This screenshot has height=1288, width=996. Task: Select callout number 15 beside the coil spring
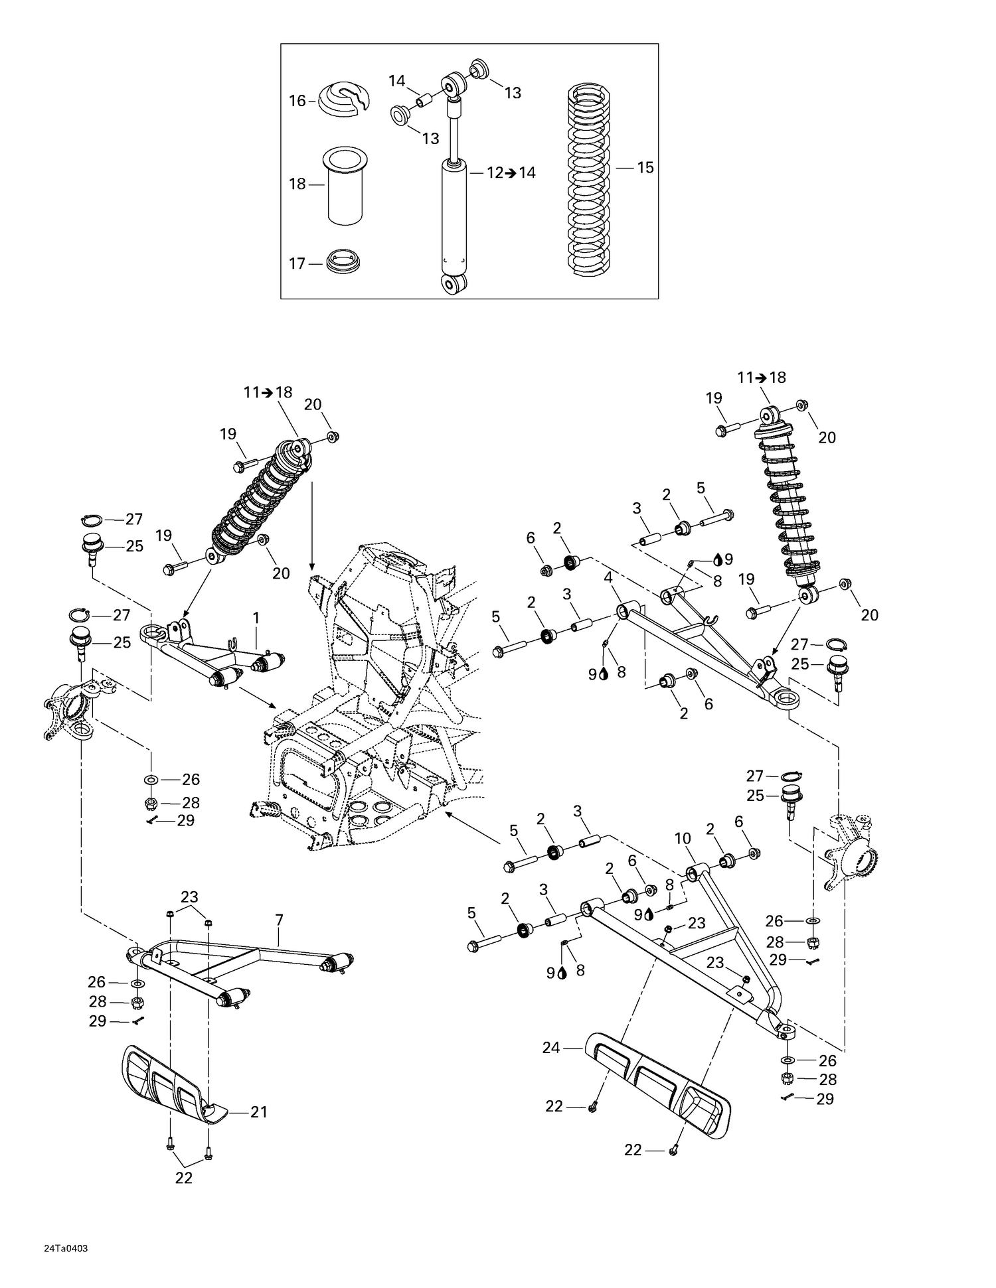click(645, 168)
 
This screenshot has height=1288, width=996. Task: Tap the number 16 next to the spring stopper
click(297, 101)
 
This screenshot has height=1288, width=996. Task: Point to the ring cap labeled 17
click(344, 261)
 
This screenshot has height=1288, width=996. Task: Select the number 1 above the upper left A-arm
click(256, 618)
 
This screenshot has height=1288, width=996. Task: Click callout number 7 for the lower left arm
click(279, 920)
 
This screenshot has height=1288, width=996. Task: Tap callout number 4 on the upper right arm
click(608, 577)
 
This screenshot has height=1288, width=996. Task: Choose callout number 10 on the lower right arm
click(683, 839)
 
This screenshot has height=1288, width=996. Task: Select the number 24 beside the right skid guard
click(551, 1048)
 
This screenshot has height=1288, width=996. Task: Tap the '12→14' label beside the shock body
click(511, 173)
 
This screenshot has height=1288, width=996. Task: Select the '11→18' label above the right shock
click(761, 378)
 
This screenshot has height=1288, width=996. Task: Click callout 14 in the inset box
click(396, 81)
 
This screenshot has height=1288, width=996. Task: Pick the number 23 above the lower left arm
click(189, 898)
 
